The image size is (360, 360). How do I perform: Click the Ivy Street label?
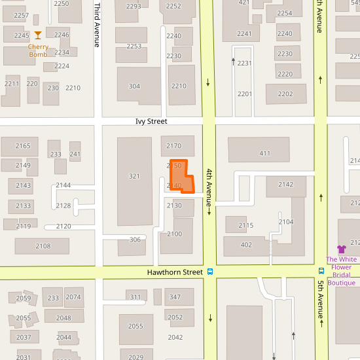point(151,122)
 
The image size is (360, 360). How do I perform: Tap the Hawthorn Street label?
point(175,272)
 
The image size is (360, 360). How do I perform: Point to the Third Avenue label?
point(97,25)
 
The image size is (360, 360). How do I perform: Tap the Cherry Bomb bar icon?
point(38,35)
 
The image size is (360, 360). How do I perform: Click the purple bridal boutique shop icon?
point(341,249)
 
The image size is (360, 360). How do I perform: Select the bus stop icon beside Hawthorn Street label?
point(210,272)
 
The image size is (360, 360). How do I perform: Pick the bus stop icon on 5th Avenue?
point(321,271)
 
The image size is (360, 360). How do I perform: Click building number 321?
point(134,176)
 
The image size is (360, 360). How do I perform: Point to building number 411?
point(264,154)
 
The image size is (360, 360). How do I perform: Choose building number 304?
point(134,86)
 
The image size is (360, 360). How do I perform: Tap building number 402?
point(246,245)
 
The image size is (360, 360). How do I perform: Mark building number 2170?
point(174,146)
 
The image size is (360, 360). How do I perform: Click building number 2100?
point(175,234)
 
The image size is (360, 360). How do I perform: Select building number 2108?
point(43,246)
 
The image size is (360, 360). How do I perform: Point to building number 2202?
point(285,94)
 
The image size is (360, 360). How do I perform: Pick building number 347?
point(175,297)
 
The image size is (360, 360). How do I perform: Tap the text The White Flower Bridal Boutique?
point(341,271)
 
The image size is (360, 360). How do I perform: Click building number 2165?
point(23,146)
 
